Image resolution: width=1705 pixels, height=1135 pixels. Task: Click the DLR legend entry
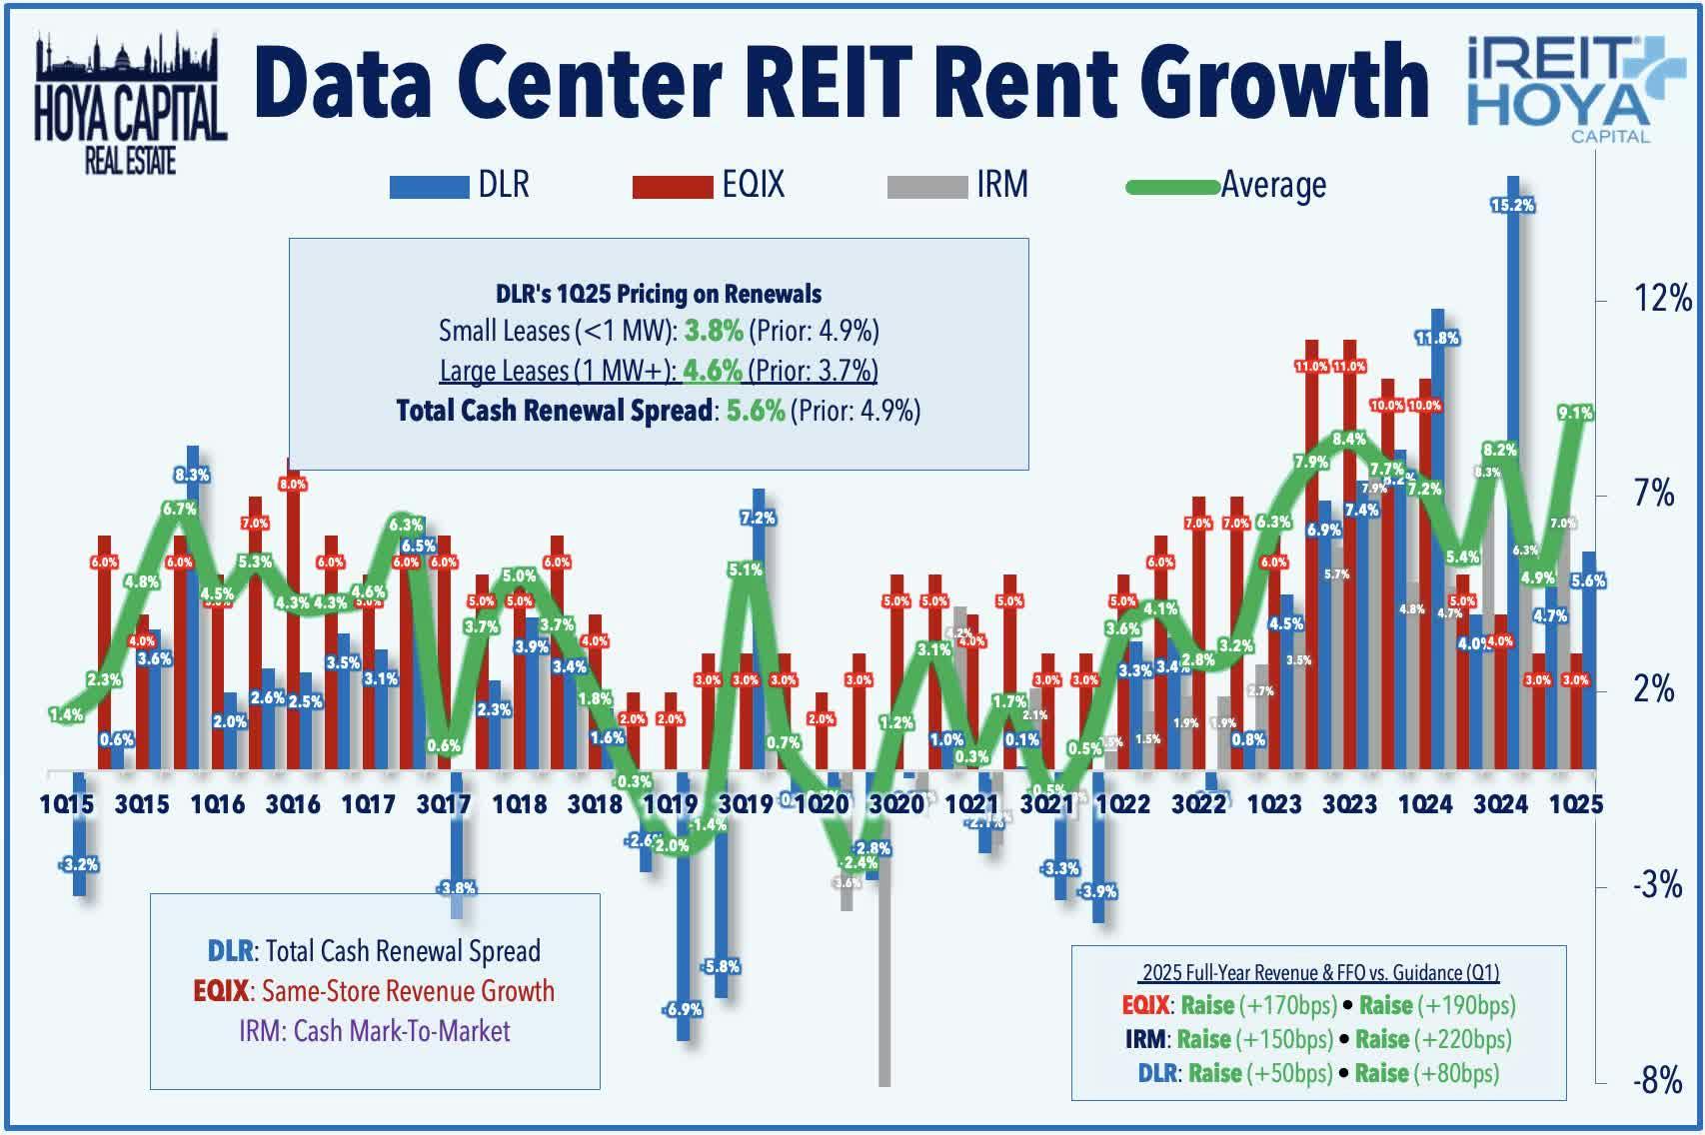click(461, 185)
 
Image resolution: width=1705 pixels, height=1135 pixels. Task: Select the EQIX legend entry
click(710, 185)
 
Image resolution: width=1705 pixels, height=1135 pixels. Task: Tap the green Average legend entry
click(1227, 185)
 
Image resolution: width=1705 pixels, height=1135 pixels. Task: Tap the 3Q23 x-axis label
click(1349, 803)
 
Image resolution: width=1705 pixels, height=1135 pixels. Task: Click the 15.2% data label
click(1512, 205)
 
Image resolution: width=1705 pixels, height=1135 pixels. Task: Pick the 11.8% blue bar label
click(1437, 338)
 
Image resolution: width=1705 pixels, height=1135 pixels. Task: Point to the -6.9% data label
click(683, 1009)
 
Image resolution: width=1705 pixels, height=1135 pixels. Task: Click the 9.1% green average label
click(1575, 412)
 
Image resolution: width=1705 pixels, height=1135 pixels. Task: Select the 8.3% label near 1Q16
click(191, 475)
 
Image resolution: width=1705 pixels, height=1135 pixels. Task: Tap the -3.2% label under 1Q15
click(79, 864)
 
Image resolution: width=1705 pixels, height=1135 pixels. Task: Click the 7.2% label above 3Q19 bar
click(758, 518)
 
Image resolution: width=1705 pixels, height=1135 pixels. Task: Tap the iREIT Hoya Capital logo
click(1561, 88)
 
